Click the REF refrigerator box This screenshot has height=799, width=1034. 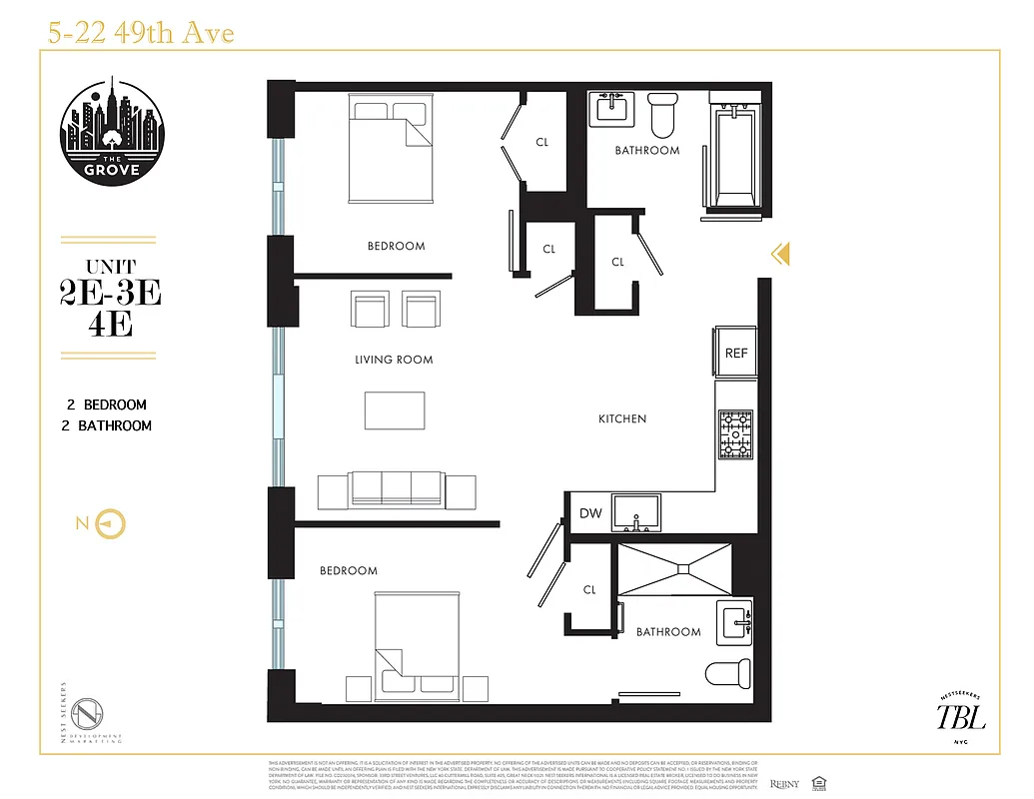pyautogui.click(x=736, y=353)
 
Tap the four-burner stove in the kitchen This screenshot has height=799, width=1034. pyautogui.click(x=735, y=434)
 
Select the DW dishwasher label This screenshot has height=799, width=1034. pyautogui.click(x=590, y=513)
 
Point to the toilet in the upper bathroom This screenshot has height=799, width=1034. pyautogui.click(x=662, y=117)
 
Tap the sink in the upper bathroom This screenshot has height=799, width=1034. pyautogui.click(x=610, y=108)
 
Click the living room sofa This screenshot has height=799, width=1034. pyautogui.click(x=397, y=489)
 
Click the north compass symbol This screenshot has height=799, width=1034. pyautogui.click(x=111, y=523)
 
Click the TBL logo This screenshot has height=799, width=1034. pyautogui.click(x=960, y=716)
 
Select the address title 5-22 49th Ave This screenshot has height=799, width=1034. pyautogui.click(x=141, y=34)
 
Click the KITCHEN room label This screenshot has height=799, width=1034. pyautogui.click(x=622, y=418)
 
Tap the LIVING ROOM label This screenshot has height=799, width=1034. pyautogui.click(x=394, y=360)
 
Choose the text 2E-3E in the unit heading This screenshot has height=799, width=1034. pyautogui.click(x=110, y=294)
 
